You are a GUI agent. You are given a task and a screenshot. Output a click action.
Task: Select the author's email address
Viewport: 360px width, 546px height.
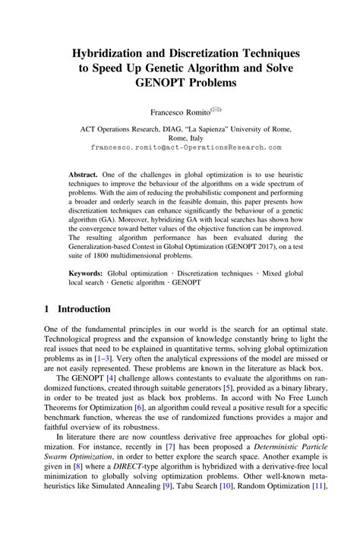[180, 146]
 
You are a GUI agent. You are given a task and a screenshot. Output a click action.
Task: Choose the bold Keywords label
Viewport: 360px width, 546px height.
[87, 270]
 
